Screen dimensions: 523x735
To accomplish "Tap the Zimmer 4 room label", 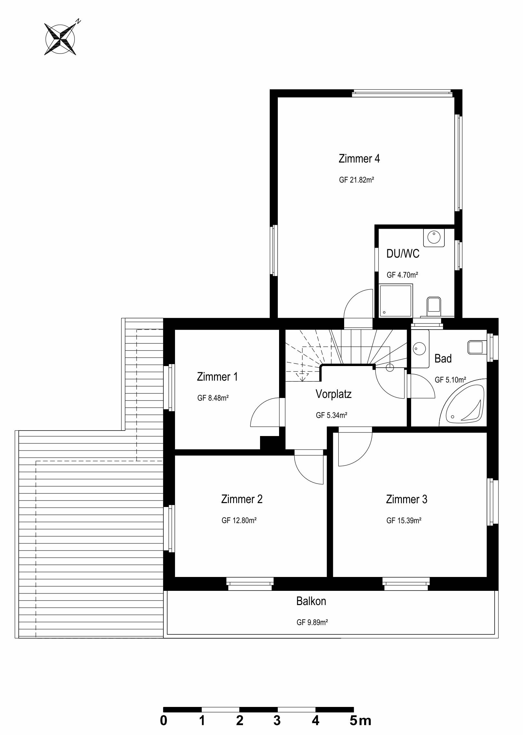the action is [359, 159].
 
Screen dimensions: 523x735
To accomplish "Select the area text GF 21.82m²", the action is [356, 180].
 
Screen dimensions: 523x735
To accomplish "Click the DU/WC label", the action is [403, 253].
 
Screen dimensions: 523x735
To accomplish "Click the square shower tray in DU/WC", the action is [396, 300].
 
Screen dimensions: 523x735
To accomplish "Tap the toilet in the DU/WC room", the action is [433, 307].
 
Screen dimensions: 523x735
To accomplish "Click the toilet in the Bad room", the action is [477, 347].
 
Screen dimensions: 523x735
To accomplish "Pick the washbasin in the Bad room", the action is [420, 349].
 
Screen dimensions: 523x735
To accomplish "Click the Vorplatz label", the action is [334, 394].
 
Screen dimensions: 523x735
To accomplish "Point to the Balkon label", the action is [311, 601].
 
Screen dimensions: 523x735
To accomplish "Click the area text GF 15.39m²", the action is [404, 521].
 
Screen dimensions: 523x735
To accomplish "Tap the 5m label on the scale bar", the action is [360, 720].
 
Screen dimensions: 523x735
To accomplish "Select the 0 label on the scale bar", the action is [164, 720].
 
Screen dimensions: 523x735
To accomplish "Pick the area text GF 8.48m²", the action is [213, 398].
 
